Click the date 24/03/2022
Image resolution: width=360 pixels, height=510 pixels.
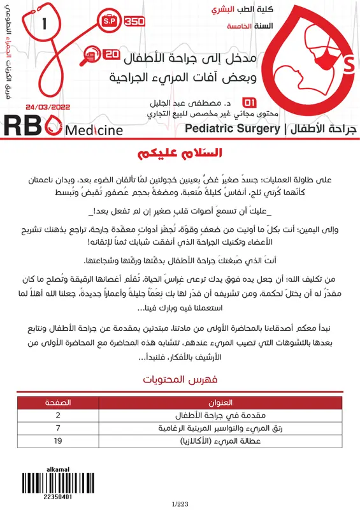point(48,108)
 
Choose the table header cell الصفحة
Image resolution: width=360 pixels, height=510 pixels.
point(59,404)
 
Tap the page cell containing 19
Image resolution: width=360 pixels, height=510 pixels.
point(59,440)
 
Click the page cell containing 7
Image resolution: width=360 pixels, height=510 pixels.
point(59,428)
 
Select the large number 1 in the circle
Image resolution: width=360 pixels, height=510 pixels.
point(44,25)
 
